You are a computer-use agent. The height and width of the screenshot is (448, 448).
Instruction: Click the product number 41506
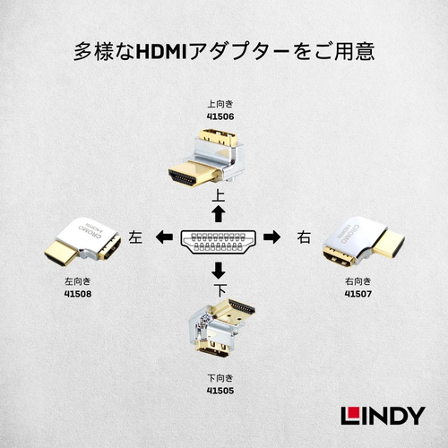220,116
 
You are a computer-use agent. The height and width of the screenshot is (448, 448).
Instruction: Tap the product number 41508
78,294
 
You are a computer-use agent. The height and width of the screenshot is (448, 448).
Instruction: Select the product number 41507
358,294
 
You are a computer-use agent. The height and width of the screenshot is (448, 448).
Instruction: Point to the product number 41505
220,391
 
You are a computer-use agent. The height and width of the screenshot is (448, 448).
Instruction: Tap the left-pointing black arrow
164,237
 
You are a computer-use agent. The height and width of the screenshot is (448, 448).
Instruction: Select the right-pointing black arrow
271,237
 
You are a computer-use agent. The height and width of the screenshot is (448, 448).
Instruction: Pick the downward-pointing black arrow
219,270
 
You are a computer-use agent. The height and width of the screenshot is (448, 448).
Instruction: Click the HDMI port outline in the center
219,242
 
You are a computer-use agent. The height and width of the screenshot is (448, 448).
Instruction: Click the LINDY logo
383,416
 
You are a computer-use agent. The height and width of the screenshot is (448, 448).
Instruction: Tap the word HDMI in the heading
161,51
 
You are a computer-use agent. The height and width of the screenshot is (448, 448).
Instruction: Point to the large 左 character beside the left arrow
135,237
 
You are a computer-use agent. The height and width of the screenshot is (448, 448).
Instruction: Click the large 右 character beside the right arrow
304,237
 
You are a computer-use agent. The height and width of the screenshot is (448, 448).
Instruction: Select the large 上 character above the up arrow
219,195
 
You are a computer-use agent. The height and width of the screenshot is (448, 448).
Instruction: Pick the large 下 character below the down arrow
220,289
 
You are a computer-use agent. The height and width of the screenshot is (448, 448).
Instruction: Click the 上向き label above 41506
220,104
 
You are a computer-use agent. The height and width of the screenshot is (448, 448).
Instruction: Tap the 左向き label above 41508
78,281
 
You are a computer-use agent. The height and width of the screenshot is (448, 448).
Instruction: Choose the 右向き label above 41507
358,281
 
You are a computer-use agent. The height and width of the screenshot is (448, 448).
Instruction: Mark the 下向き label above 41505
220,378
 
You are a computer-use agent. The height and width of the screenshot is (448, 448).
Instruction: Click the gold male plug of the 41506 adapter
194,173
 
